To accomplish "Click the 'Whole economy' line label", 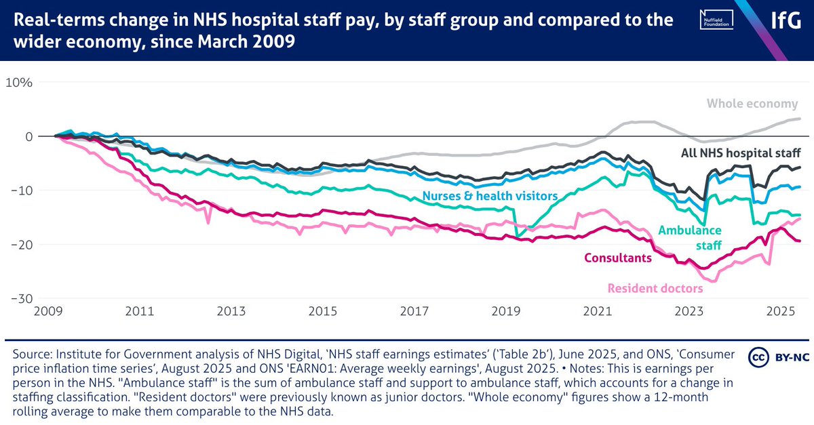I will point(752,104).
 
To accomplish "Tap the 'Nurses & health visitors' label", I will point(489,196).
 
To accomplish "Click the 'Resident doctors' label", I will point(655,288).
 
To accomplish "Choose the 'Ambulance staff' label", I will point(689,237).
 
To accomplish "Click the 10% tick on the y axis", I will point(20,83).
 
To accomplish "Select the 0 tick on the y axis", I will point(28,136).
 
